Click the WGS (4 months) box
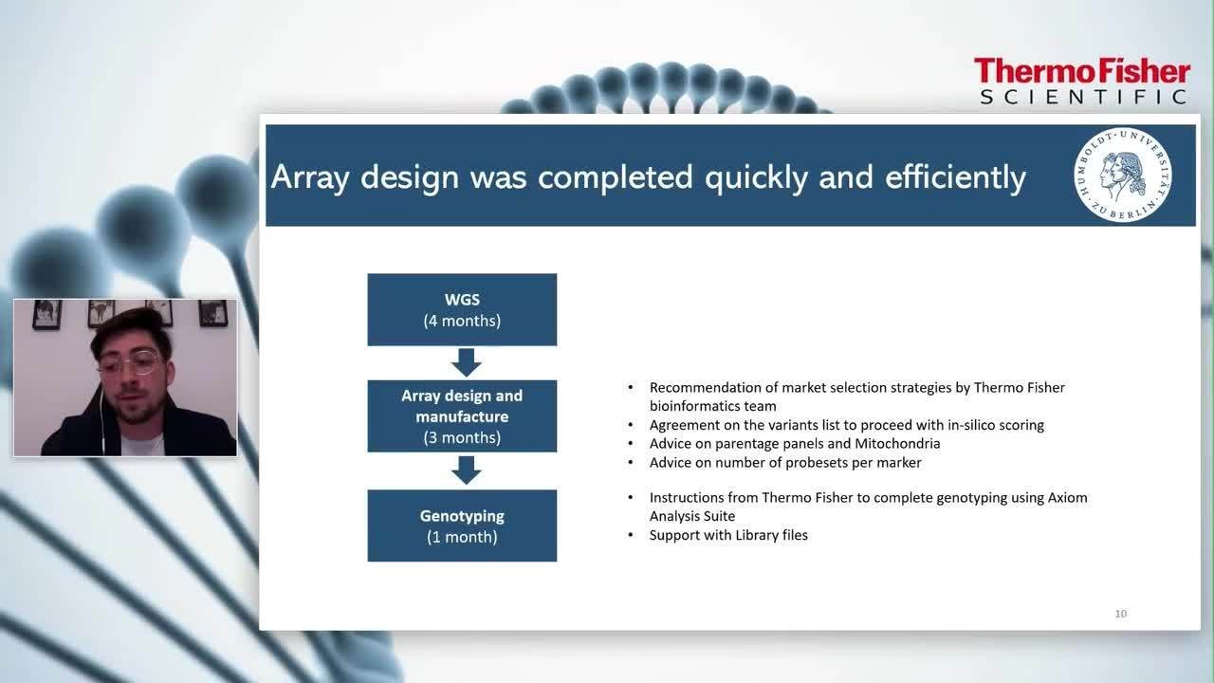point(462,309)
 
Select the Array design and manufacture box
point(462,416)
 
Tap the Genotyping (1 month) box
point(462,526)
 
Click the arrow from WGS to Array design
point(466,362)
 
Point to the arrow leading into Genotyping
point(466,470)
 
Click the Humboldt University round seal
point(1122,175)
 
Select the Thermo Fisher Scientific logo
point(1082,82)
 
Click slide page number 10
point(1121,614)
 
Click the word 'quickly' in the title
point(756,177)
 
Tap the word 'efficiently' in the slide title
point(955,177)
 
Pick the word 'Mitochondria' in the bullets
point(897,443)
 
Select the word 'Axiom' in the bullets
point(1067,498)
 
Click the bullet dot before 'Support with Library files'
point(631,535)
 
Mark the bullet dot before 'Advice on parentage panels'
point(631,443)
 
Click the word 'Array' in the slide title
point(310,177)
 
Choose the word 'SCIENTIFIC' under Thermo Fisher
point(1083,97)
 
